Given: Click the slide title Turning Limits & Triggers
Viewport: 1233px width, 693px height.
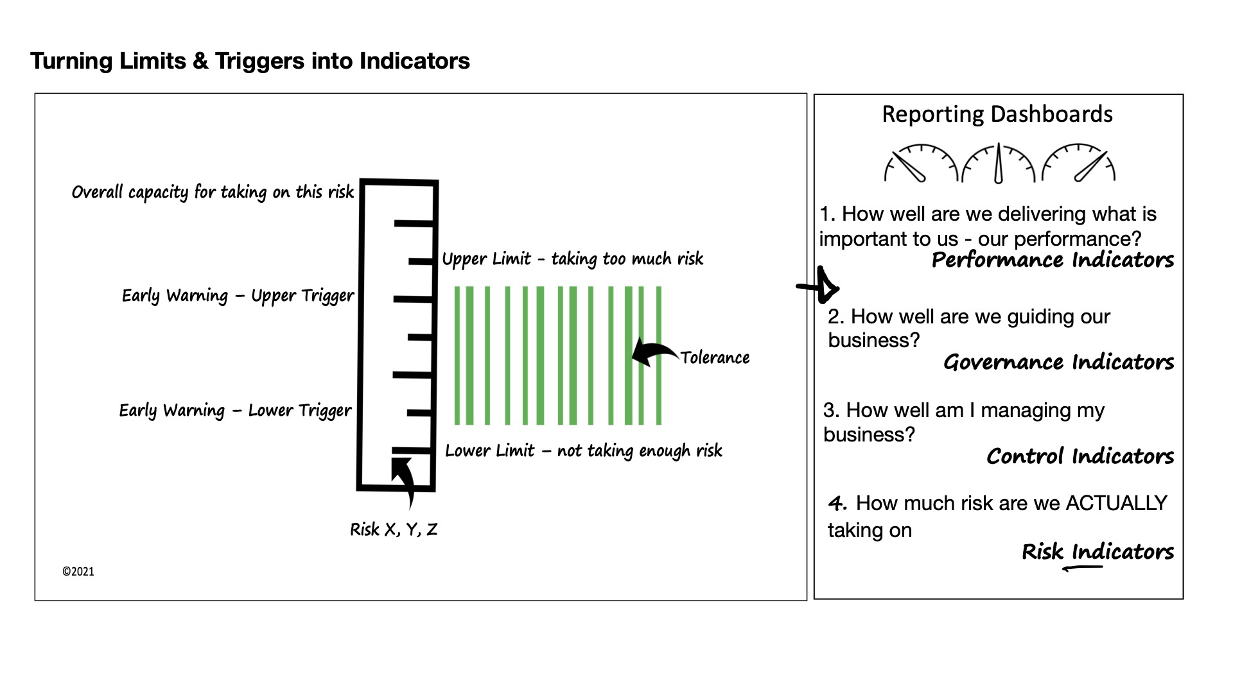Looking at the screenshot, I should point(250,61).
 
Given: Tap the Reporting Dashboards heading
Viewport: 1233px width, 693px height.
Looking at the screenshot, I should point(997,114).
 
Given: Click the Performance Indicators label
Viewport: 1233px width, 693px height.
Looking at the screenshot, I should point(1052,260).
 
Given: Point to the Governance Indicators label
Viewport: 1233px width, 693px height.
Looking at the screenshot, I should point(1058,362).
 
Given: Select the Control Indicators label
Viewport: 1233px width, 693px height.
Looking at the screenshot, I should point(1080,456).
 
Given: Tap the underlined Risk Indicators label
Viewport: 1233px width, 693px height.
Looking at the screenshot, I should point(1097,552).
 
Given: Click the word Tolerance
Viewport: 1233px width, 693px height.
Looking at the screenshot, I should point(715,357).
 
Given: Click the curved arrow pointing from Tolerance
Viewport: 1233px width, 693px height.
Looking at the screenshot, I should point(654,352).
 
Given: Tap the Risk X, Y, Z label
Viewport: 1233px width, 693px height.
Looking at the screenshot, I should point(394,529).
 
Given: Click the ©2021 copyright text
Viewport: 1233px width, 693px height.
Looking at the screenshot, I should point(78,572).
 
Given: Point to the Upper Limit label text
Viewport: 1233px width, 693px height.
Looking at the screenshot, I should point(572,259).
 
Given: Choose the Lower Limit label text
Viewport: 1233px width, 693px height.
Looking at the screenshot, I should point(583,450).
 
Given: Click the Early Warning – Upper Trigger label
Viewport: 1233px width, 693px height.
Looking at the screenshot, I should point(238,296).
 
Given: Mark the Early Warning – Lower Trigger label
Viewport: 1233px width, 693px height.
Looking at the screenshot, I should point(235,411).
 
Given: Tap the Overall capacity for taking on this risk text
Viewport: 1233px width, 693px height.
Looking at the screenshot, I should point(213,192).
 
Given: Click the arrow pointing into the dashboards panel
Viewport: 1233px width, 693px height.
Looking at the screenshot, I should point(820,286).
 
